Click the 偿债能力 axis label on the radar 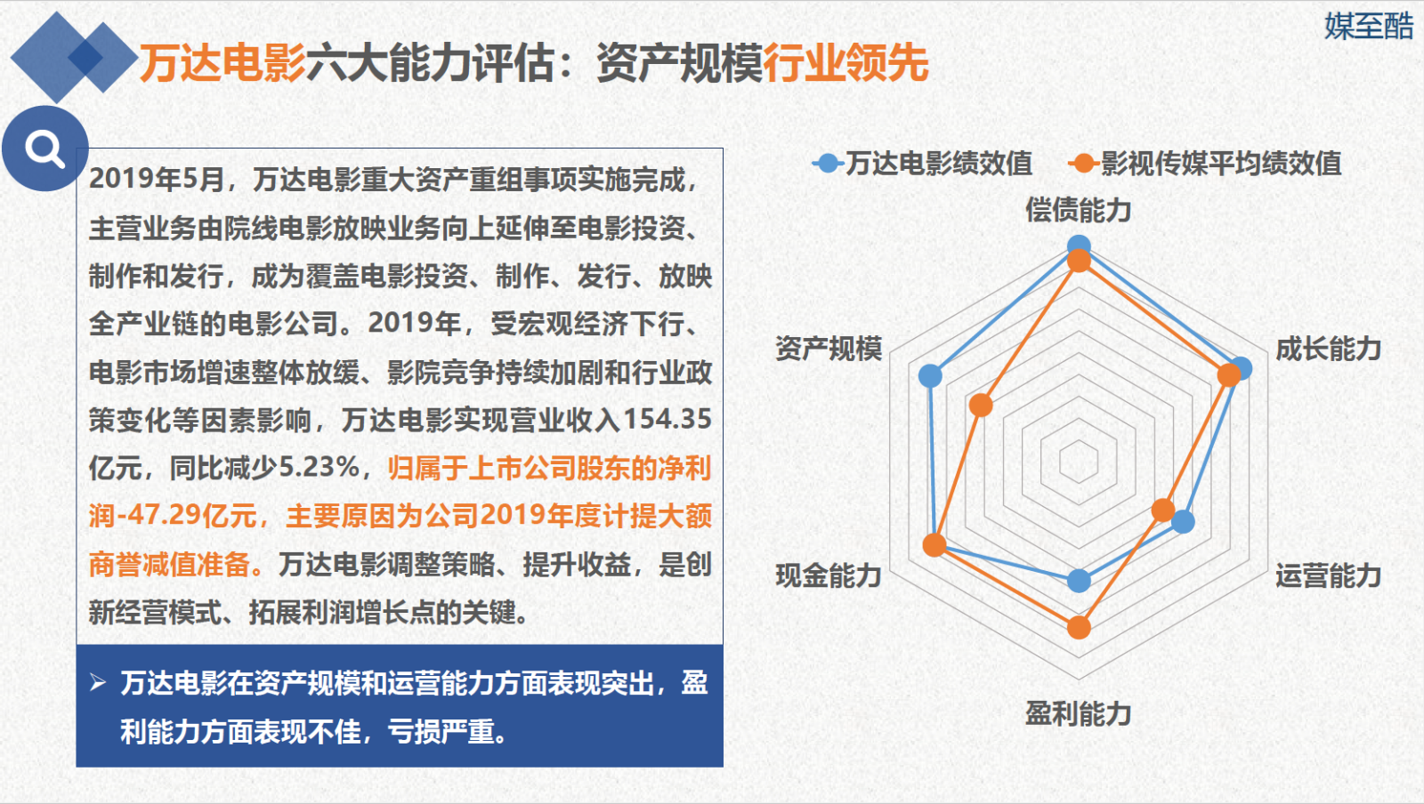[x=1078, y=210]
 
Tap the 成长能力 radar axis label [x=1329, y=350]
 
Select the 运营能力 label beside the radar [x=1329, y=576]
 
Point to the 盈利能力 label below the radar [x=1078, y=714]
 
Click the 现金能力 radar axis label [x=829, y=576]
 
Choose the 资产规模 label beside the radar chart [x=829, y=350]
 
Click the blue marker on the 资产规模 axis [x=930, y=375]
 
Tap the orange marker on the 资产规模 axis [x=981, y=405]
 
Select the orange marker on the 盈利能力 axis [x=1079, y=627]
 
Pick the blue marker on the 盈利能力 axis [x=1079, y=580]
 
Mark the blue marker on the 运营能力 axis [x=1183, y=522]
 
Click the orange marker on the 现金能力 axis [x=934, y=545]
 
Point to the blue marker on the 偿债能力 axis [x=1079, y=245]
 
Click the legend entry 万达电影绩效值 [x=922, y=164]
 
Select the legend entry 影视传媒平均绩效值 [x=1205, y=164]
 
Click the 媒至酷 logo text [x=1369, y=27]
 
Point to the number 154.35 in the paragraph [x=667, y=419]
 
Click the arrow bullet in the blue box [x=98, y=683]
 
